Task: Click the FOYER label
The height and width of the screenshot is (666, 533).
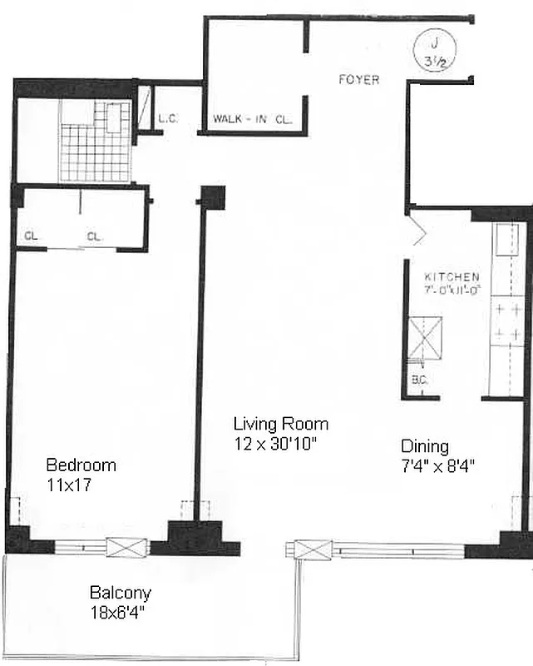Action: click(x=358, y=80)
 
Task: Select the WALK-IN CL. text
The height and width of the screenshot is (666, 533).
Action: click(x=253, y=119)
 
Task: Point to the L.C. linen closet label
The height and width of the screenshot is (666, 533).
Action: click(x=168, y=119)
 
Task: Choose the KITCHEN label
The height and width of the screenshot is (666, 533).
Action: click(x=452, y=276)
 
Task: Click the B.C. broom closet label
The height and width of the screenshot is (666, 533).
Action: click(x=418, y=380)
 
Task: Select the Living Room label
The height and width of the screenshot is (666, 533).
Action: click(x=280, y=424)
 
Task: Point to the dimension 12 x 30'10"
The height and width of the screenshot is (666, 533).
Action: click(x=275, y=443)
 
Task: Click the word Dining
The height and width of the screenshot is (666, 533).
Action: click(x=424, y=446)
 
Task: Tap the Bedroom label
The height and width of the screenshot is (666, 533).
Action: click(x=81, y=465)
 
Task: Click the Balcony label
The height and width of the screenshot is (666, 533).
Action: click(x=120, y=593)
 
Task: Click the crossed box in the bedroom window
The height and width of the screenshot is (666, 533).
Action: click(x=126, y=547)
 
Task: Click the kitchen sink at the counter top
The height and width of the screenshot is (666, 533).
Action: click(x=505, y=241)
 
